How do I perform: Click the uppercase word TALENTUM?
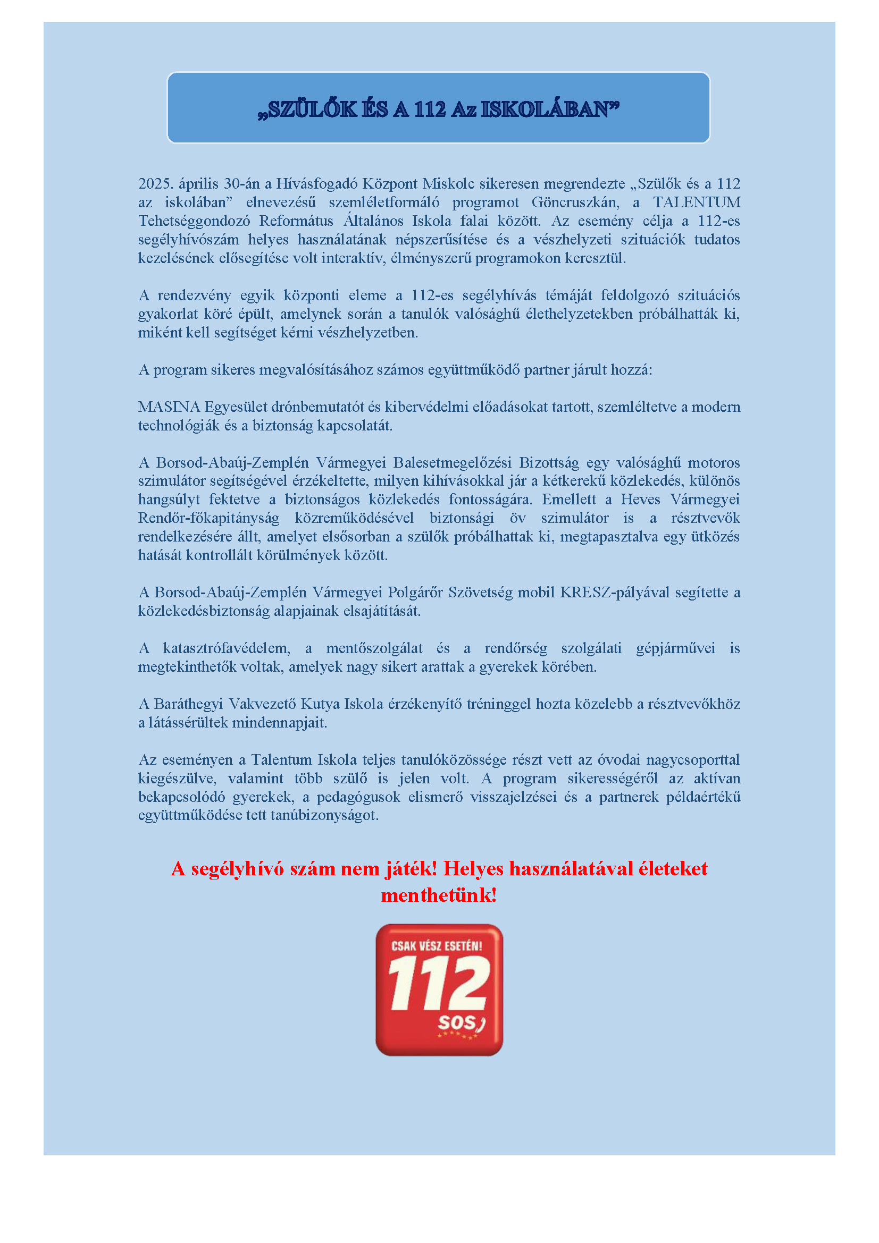pos(697,202)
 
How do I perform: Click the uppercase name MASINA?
pos(169,407)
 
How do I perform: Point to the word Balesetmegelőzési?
pos(452,462)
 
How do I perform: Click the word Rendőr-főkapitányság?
pos(208,518)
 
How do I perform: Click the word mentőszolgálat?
pos(374,648)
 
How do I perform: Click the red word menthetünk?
pos(439,895)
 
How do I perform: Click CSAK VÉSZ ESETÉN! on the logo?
pos(437,946)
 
